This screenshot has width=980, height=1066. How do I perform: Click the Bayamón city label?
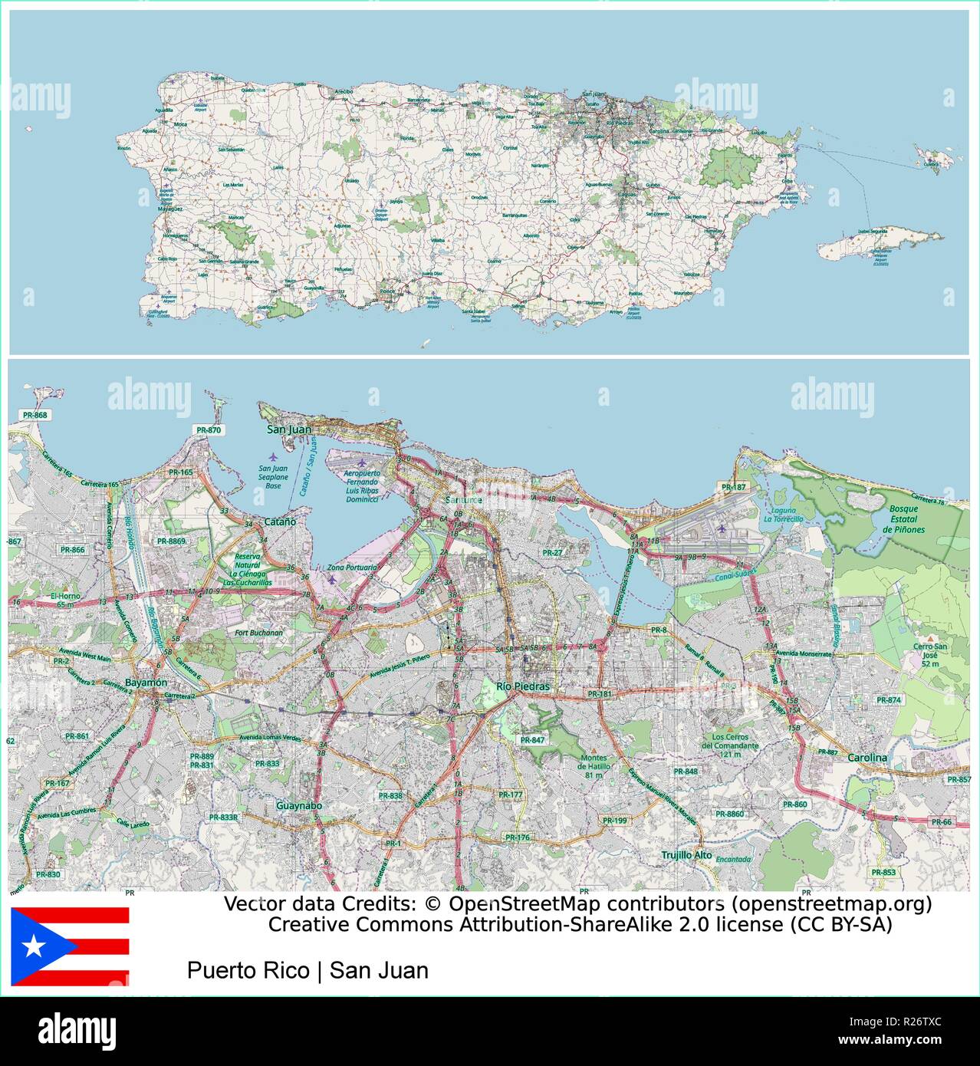tap(146, 683)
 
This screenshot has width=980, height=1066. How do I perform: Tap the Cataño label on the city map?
tap(280, 521)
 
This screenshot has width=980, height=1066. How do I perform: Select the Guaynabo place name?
tap(298, 806)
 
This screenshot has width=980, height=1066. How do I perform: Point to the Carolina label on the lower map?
tap(867, 758)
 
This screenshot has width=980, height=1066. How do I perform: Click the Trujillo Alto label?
tap(686, 854)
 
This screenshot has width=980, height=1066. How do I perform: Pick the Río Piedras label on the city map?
tap(523, 686)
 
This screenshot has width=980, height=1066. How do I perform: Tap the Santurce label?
tap(463, 500)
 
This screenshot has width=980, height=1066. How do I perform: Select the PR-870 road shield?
tap(209, 430)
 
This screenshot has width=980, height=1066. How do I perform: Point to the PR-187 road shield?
tap(733, 487)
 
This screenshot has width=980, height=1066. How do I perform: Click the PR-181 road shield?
tap(600, 694)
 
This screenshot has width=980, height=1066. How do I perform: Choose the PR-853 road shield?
tap(883, 872)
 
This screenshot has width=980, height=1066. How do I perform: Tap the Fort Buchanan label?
tap(258, 633)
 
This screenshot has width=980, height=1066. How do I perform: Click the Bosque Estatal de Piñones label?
tap(903, 519)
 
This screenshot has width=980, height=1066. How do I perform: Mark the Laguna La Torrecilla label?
tap(783, 515)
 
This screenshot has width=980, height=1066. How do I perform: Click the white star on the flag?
tap(34, 946)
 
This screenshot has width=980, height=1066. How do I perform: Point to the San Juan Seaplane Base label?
tap(273, 477)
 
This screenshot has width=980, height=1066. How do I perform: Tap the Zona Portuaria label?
tap(352, 568)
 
